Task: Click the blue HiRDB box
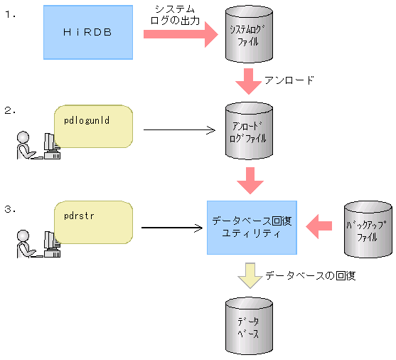88,33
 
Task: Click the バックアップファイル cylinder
367,229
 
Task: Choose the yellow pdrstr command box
94,221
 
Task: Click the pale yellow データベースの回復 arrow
249,275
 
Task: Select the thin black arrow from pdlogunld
178,129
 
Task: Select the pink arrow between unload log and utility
249,180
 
